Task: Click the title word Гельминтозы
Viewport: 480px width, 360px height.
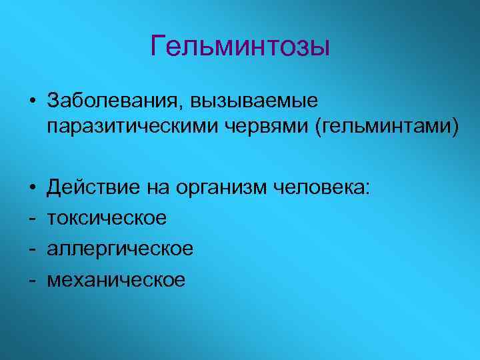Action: pos(240,47)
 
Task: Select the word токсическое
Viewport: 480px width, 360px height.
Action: pos(107,219)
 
